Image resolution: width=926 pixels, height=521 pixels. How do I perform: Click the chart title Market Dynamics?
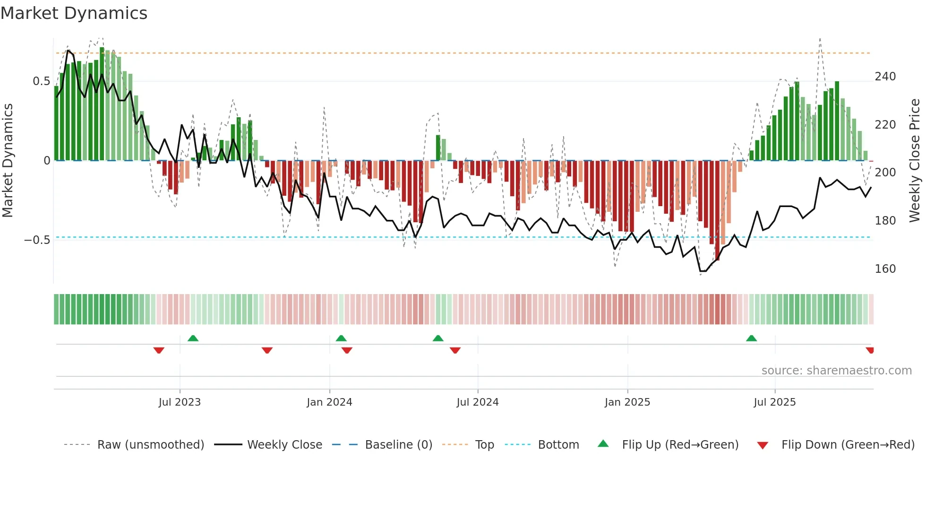74,13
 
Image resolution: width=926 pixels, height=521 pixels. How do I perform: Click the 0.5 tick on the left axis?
41,81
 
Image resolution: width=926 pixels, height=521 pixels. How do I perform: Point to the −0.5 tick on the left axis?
37,240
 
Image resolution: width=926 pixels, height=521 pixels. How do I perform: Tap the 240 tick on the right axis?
885,77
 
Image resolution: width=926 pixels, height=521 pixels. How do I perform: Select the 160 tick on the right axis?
885,269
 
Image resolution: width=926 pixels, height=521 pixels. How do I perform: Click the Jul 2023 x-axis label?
180,402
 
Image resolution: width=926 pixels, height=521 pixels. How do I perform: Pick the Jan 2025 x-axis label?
627,402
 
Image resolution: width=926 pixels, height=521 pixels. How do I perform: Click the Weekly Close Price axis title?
915,161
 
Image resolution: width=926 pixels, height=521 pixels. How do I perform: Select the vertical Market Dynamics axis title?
8,161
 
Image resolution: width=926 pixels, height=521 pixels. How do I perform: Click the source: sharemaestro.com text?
836,371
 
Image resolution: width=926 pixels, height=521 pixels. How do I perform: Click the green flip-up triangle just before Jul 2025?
751,338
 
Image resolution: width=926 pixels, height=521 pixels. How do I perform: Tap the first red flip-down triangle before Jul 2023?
159,350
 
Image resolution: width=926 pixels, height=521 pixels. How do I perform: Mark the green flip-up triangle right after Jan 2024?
341,338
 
